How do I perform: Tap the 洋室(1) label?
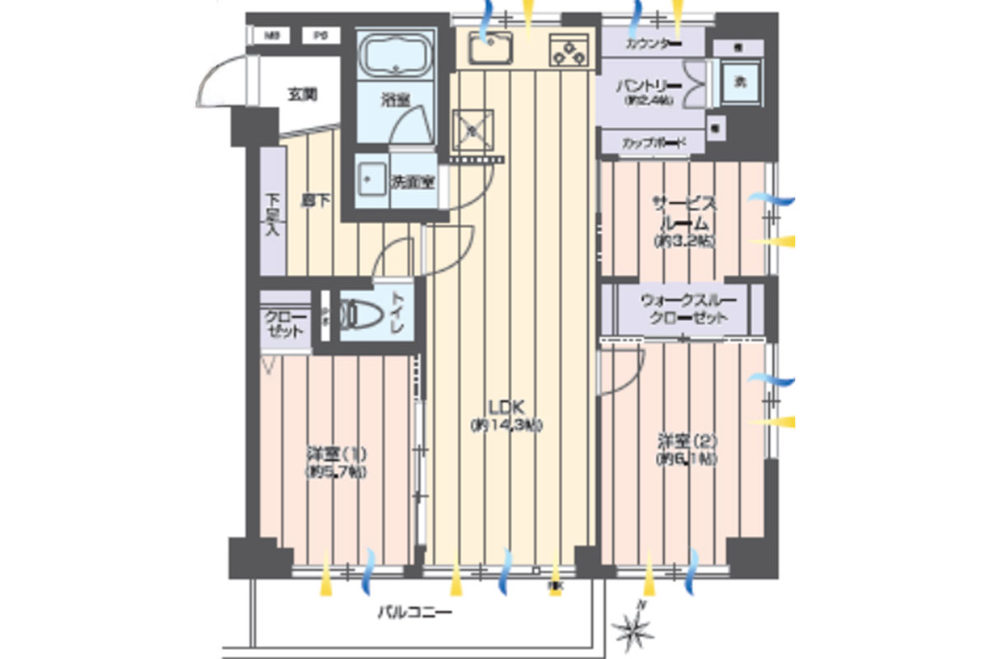tap(336, 454)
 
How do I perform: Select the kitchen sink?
tap(491, 49)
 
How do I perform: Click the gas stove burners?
tap(570, 50)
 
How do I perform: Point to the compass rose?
tap(636, 629)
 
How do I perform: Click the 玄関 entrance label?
tap(302, 94)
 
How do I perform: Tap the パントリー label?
tap(650, 86)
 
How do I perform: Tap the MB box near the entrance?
tap(273, 35)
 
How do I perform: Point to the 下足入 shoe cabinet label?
tap(273, 213)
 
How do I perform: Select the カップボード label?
tap(653, 143)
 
